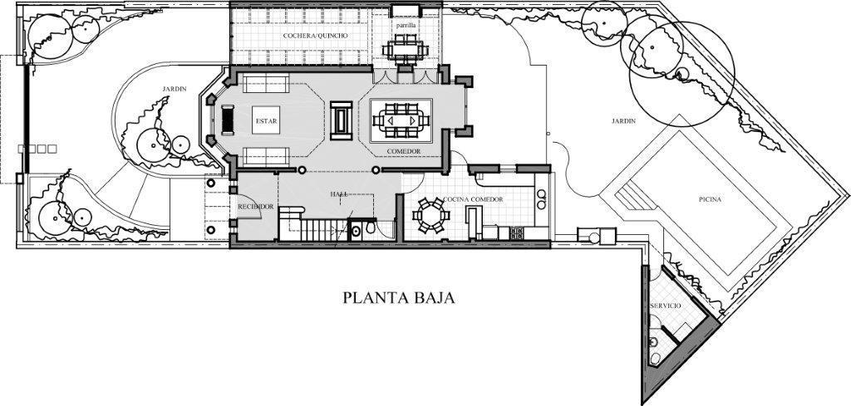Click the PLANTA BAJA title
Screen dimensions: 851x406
click(x=399, y=297)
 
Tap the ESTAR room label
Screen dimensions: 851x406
click(x=266, y=121)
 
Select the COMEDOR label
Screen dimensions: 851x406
click(x=404, y=150)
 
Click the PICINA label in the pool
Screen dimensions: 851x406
click(x=710, y=199)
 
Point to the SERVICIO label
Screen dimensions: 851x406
click(x=666, y=306)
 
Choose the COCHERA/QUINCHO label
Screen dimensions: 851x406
click(x=315, y=35)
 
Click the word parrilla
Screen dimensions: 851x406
click(x=406, y=25)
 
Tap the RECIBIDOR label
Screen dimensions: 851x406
click(x=256, y=207)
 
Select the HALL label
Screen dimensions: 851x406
click(x=339, y=193)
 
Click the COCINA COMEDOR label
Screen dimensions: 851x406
click(x=473, y=199)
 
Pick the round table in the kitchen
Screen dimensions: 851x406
click(x=431, y=216)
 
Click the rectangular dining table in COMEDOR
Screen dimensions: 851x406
click(x=401, y=120)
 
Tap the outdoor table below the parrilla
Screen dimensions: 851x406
click(x=406, y=50)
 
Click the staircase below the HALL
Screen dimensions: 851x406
click(x=313, y=229)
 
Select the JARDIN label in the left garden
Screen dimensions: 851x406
click(x=175, y=89)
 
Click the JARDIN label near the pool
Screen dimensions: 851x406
click(x=623, y=121)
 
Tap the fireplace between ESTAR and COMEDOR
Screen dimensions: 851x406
click(x=341, y=120)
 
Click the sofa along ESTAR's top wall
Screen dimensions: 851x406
click(x=265, y=84)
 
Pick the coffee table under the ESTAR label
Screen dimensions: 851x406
click(x=266, y=120)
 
